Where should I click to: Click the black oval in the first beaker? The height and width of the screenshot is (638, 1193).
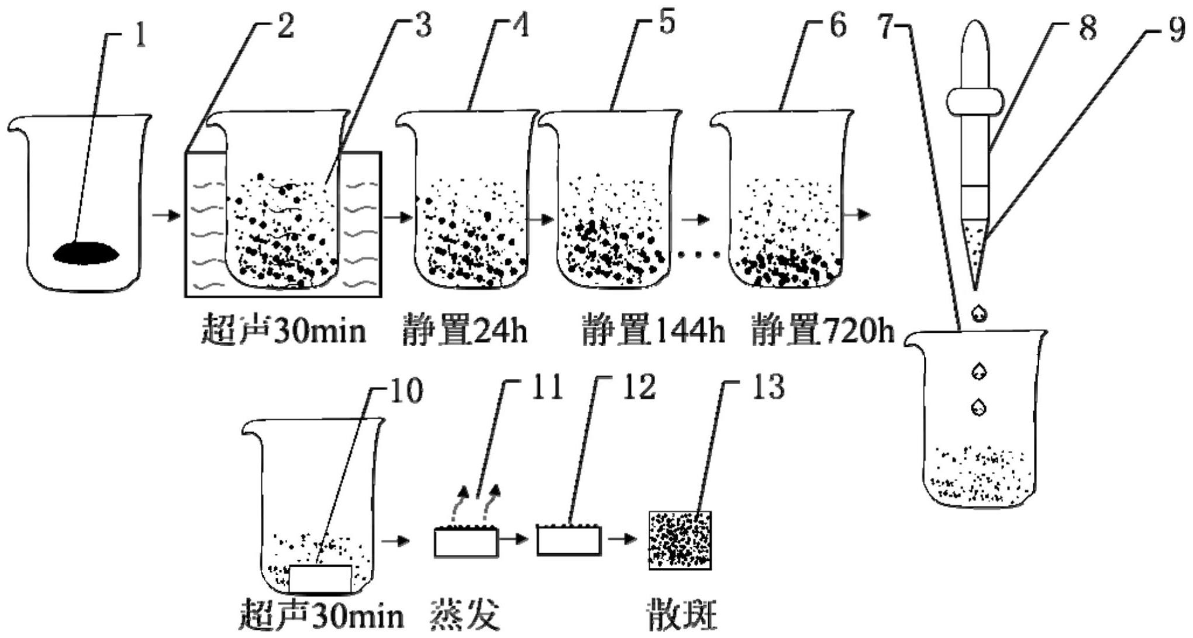tap(87, 253)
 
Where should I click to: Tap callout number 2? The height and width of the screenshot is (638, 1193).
tap(285, 26)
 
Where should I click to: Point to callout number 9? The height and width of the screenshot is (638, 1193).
tap(1177, 30)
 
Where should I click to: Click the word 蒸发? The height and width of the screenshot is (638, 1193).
tap(466, 615)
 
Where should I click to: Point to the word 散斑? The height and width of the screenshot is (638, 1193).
tap(682, 615)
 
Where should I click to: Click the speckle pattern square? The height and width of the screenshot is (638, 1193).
tap(680, 540)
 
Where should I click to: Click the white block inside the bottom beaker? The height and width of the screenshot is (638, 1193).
tap(320, 579)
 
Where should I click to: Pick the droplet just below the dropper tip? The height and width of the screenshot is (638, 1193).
tap(979, 312)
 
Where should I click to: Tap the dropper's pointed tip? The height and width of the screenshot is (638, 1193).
tap(975, 288)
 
